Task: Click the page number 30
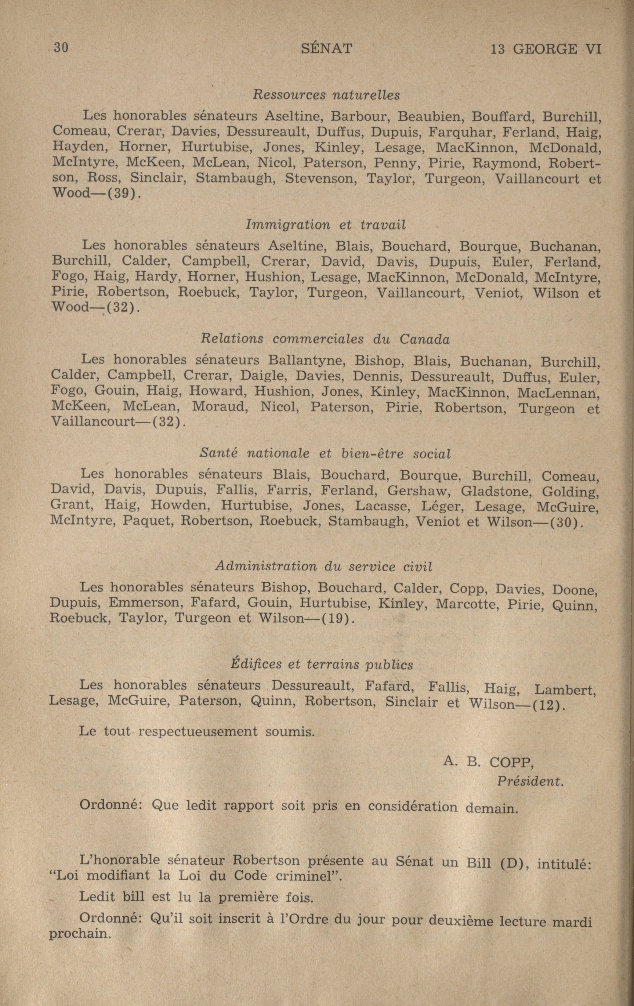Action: pyautogui.click(x=61, y=48)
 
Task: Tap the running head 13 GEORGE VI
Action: pyautogui.click(x=546, y=49)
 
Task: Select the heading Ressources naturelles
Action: pyautogui.click(x=326, y=95)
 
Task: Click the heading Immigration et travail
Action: pyautogui.click(x=326, y=225)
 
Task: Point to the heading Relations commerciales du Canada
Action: pyautogui.click(x=325, y=339)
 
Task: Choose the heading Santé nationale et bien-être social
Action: pyautogui.click(x=325, y=453)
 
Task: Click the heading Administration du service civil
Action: pyautogui.click(x=324, y=567)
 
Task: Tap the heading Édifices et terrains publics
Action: pyautogui.click(x=322, y=664)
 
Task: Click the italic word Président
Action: pyautogui.click(x=530, y=781)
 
